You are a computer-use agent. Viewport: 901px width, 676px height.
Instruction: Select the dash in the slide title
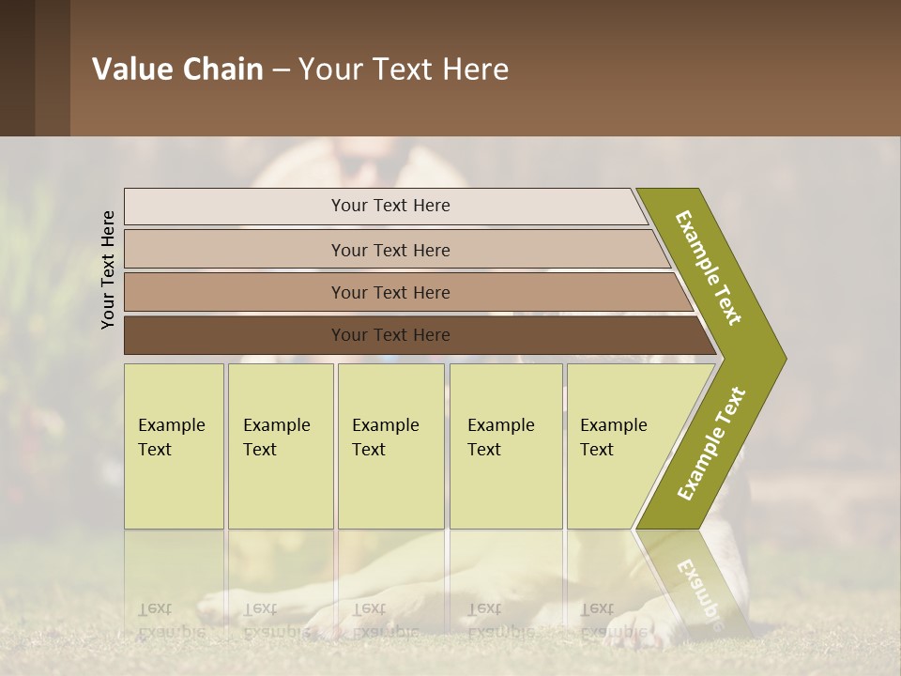click(x=281, y=70)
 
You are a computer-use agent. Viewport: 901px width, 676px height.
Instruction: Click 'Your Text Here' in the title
click(x=404, y=69)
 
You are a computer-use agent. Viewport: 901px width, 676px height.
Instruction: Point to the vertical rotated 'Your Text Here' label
click(x=108, y=270)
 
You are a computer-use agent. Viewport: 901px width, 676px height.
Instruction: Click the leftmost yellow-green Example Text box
click(x=174, y=446)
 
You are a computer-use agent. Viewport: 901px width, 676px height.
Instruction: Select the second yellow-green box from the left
click(x=280, y=446)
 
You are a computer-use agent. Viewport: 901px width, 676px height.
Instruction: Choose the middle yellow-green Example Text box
click(x=390, y=446)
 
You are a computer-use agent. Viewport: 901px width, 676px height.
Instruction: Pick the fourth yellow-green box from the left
click(x=506, y=446)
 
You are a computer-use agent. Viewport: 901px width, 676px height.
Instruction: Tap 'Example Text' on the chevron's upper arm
click(x=709, y=268)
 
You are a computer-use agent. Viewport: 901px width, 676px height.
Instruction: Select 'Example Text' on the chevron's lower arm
click(x=711, y=444)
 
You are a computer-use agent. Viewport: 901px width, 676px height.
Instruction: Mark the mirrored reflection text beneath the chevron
click(x=697, y=591)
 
